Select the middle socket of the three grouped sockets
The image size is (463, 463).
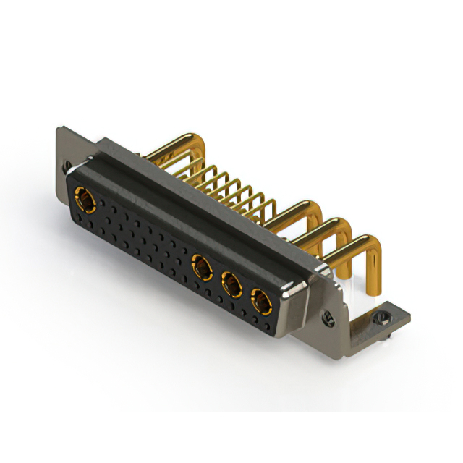(x=231, y=284)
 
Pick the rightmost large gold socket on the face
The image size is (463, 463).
(x=260, y=299)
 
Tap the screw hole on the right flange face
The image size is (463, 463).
(x=328, y=316)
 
